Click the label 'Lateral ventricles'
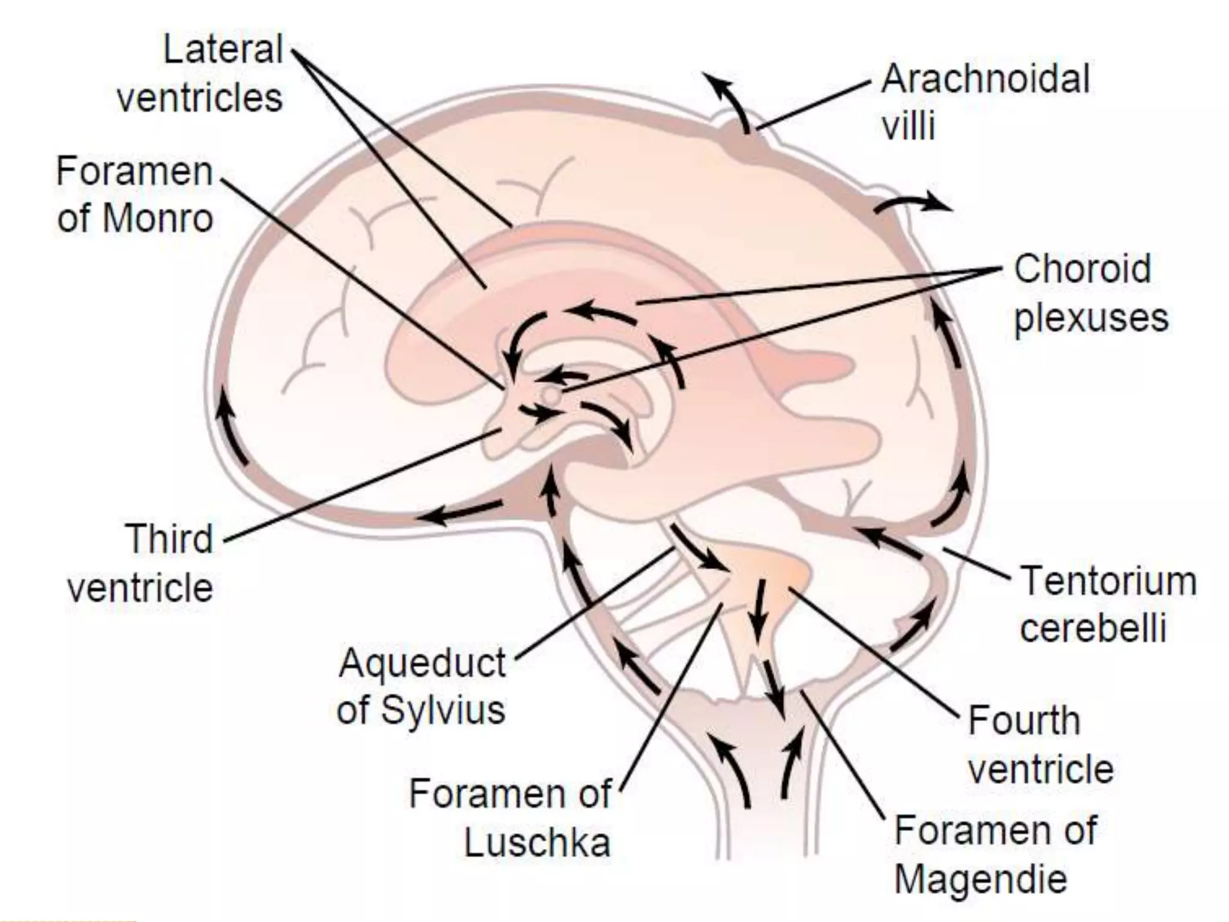click(200, 73)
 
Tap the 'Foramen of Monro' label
click(135, 194)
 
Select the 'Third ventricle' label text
click(140, 562)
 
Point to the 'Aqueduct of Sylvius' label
click(421, 686)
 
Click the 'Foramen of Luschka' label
click(510, 818)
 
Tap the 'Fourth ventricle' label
click(1041, 744)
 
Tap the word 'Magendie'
click(981, 879)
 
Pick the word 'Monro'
click(158, 218)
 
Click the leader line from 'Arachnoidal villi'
click(813, 106)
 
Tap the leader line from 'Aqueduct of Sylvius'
click(594, 603)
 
